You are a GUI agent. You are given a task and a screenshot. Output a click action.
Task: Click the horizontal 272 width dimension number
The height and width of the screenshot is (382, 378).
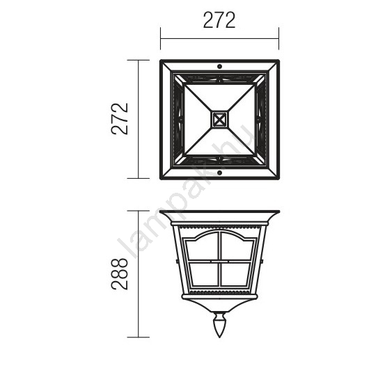(219, 20)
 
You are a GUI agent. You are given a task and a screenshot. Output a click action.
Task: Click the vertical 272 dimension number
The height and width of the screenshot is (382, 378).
(120, 119)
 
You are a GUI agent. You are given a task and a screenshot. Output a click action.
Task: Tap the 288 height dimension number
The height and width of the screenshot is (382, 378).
(120, 274)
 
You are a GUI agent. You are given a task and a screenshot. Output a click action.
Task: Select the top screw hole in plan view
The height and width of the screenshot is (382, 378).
(219, 66)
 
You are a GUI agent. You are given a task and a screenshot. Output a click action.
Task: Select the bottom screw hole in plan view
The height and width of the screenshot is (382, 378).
(219, 173)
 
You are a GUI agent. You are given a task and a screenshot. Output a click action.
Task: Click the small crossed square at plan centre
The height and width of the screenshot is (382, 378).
(219, 120)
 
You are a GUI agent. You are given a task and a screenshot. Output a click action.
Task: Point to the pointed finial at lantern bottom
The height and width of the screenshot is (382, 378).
(219, 325)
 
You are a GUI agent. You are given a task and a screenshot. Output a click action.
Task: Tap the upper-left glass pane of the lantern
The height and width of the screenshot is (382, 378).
(203, 247)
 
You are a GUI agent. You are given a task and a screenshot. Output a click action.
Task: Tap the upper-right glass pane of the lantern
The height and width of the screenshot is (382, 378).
(237, 247)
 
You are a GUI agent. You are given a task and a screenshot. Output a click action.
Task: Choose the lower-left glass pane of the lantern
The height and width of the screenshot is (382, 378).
(204, 274)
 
